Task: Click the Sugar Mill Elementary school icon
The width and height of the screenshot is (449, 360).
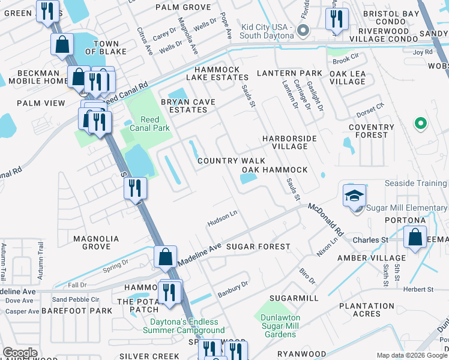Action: click(354, 195)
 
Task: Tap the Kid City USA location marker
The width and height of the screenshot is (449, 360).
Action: click(303, 30)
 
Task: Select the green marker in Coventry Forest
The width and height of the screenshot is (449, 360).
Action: click(421, 124)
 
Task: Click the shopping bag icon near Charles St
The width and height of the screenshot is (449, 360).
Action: click(415, 236)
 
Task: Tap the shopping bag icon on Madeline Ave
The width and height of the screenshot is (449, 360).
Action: click(165, 256)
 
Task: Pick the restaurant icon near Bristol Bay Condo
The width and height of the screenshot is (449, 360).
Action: click(336, 19)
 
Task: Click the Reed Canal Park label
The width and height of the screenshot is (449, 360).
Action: click(146, 124)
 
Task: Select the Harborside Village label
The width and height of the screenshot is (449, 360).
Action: click(289, 142)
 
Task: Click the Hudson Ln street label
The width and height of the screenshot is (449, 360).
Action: click(223, 221)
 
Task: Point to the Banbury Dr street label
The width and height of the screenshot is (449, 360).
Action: click(233, 289)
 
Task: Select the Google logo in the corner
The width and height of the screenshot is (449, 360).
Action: click(20, 353)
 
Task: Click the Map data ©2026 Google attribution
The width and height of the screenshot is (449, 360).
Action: click(412, 355)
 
